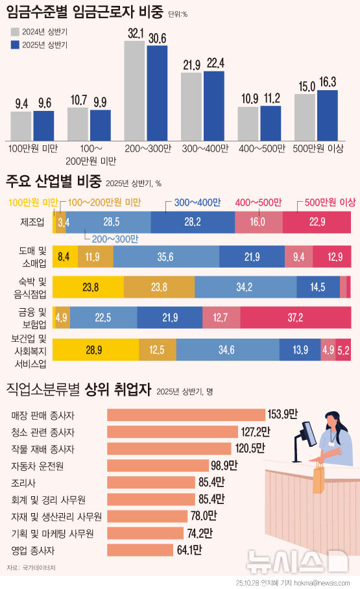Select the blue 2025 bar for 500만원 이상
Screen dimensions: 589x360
pos(328,115)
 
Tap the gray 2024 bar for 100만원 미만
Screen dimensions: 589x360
pos(21,125)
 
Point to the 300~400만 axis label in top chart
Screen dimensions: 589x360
pos(204,149)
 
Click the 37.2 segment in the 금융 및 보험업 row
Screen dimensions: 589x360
pos(295,317)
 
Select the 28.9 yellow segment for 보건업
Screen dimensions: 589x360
pos(95,350)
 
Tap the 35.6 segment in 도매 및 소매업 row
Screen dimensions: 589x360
pos(165,257)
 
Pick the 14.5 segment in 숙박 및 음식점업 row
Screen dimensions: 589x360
pos(318,286)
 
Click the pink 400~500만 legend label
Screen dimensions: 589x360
pos(258,203)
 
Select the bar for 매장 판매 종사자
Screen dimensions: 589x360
pos(186,415)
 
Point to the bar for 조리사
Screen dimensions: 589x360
pos(150,482)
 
